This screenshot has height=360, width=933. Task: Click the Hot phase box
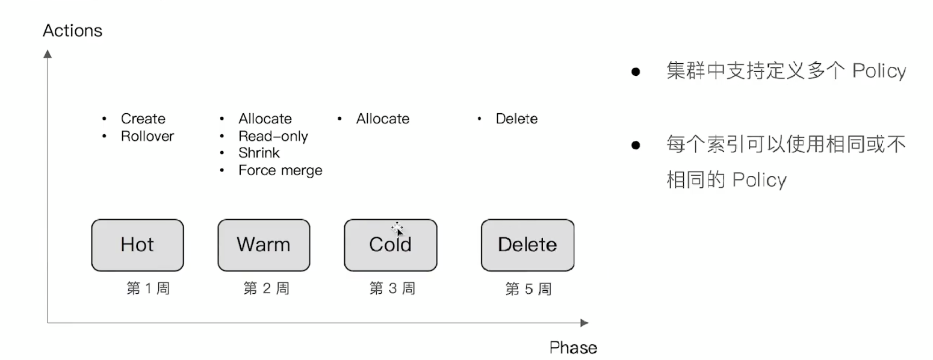click(x=137, y=245)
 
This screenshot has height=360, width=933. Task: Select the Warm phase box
click(x=264, y=245)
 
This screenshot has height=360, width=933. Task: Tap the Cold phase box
click(x=390, y=245)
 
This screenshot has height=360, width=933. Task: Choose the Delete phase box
click(x=527, y=245)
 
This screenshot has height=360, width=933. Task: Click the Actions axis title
click(x=73, y=31)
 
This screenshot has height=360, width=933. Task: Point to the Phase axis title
click(x=573, y=347)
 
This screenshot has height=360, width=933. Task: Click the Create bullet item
click(x=143, y=119)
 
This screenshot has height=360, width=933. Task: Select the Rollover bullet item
click(x=147, y=136)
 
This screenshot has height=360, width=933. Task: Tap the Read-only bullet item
click(x=273, y=136)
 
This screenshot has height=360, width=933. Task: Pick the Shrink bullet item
click(x=259, y=153)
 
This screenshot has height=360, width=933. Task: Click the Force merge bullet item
click(x=280, y=170)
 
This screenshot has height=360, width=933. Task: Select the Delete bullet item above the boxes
click(x=516, y=119)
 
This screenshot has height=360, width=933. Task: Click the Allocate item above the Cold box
click(x=382, y=119)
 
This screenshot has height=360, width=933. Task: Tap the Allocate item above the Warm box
click(x=265, y=119)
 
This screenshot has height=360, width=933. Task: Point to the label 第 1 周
click(x=148, y=288)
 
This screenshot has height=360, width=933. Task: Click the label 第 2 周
click(x=266, y=288)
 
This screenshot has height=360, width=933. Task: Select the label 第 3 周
click(x=392, y=288)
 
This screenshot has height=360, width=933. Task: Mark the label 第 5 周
click(x=528, y=289)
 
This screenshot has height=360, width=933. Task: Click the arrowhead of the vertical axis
click(x=48, y=54)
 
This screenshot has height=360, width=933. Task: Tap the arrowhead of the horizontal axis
click(x=584, y=323)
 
